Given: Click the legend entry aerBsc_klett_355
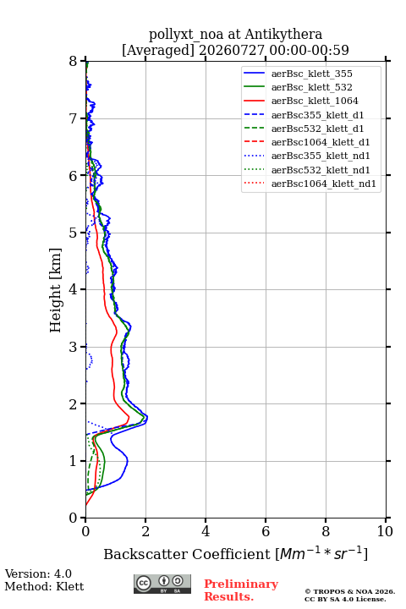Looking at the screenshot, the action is (311, 74).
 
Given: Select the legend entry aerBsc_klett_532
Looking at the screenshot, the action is (311, 87).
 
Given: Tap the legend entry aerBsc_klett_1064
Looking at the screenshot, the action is (315, 101).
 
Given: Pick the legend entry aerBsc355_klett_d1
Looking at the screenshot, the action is (317, 115).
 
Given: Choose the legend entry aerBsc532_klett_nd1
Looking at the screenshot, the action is (321, 170).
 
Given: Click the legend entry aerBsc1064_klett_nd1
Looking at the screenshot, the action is (324, 184).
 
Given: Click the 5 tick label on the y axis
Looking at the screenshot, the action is (74, 233).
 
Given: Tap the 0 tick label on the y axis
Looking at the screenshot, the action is (74, 518).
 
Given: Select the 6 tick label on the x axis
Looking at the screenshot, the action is (266, 531).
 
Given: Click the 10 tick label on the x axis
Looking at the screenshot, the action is (386, 531).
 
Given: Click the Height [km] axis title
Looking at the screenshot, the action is (56, 290).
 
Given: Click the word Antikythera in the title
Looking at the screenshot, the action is (283, 34).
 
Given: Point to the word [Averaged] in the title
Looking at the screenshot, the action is (158, 50).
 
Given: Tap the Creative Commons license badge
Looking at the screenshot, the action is (162, 584).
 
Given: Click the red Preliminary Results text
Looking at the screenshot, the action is (241, 590).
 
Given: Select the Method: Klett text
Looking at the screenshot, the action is (44, 586).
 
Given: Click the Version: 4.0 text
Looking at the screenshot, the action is (38, 573).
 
